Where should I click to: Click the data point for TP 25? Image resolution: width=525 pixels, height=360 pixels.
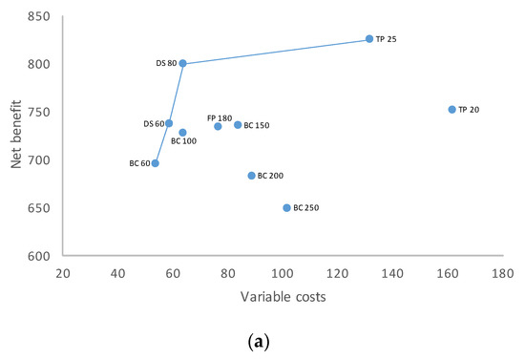pyautogui.click(x=369, y=39)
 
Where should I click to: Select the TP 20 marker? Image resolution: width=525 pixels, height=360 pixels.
pyautogui.click(x=451, y=110)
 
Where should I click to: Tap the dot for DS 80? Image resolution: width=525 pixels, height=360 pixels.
pyautogui.click(x=183, y=64)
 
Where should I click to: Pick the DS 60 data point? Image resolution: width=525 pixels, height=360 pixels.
pyautogui.click(x=169, y=123)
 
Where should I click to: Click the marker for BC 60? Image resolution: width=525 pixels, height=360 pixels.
pyautogui.click(x=156, y=163)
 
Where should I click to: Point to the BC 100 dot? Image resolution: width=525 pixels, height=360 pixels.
pyautogui.click(x=182, y=133)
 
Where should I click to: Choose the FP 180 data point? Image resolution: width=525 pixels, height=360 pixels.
pyautogui.click(x=218, y=126)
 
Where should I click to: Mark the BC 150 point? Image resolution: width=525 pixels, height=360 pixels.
pyautogui.click(x=238, y=125)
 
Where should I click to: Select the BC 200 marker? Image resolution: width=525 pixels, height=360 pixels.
pyautogui.click(x=252, y=176)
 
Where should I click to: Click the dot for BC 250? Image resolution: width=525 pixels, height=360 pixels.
pyautogui.click(x=286, y=207)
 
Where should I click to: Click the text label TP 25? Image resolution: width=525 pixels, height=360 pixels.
pyautogui.click(x=387, y=40)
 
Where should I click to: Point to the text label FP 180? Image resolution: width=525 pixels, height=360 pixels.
pyautogui.click(x=220, y=117)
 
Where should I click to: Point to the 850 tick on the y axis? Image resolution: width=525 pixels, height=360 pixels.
pyautogui.click(x=40, y=16)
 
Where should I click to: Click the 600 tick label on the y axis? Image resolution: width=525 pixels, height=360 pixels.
pyautogui.click(x=40, y=256)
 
